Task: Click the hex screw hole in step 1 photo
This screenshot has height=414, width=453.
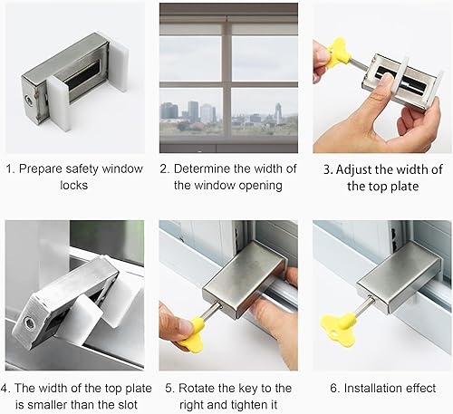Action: click(x=28, y=99)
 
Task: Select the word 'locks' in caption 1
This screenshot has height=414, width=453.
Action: click(x=74, y=185)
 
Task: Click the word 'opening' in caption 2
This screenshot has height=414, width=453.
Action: click(x=261, y=186)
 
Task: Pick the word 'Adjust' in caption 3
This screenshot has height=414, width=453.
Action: click(x=353, y=170)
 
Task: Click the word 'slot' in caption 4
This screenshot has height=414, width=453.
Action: click(x=127, y=404)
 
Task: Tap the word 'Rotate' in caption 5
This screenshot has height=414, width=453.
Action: click(x=195, y=389)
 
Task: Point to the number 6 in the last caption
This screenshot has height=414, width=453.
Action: click(x=334, y=389)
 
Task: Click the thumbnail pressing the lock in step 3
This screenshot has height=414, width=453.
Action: click(x=386, y=80)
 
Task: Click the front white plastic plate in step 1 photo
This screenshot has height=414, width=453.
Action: click(x=59, y=102)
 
